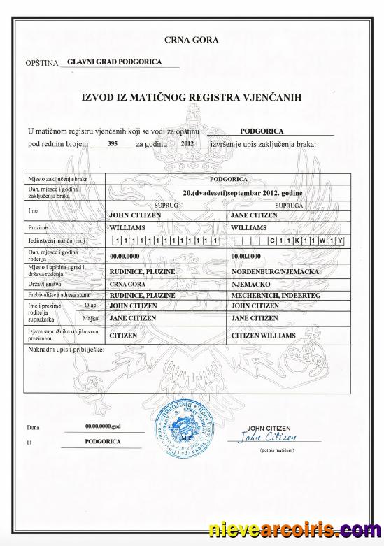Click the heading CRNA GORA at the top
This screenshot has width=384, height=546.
point(192,40)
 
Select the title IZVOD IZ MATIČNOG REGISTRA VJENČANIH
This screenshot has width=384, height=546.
point(192,98)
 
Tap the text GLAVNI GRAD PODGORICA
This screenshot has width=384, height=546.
point(114,62)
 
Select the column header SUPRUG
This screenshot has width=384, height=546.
point(164,206)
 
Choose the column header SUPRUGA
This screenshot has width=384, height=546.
point(289,206)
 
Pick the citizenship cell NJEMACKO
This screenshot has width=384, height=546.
point(250,285)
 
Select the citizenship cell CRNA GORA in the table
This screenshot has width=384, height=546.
point(128,285)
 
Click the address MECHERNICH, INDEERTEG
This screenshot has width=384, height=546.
point(271,296)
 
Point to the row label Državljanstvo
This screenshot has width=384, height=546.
point(47,285)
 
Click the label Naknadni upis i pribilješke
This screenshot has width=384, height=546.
point(66,347)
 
